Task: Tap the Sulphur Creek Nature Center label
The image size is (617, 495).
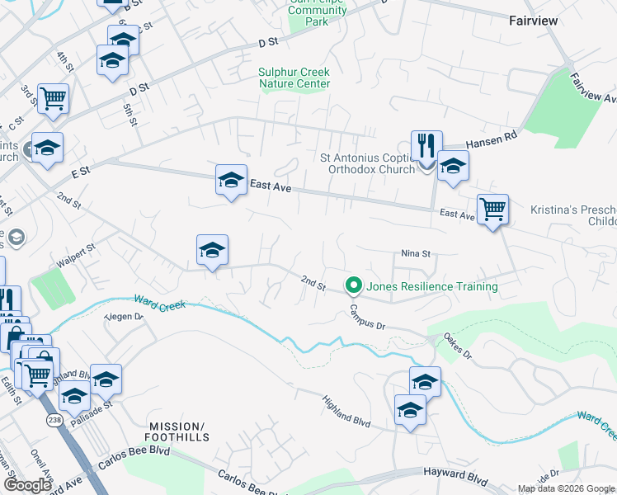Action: click(294, 78)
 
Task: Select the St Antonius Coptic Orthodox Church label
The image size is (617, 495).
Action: click(365, 165)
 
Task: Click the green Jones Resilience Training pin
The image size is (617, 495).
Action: click(354, 285)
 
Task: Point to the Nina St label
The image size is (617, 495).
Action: click(417, 253)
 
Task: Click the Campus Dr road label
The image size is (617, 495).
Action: click(367, 314)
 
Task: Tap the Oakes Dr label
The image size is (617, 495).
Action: click(455, 346)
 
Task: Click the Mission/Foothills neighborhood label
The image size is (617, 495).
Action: click(181, 431)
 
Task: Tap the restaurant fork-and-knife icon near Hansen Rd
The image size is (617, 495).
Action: click(426, 144)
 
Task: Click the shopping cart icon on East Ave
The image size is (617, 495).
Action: click(492, 209)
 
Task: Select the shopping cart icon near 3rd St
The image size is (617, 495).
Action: click(53, 98)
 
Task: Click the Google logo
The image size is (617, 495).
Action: click(28, 485)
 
